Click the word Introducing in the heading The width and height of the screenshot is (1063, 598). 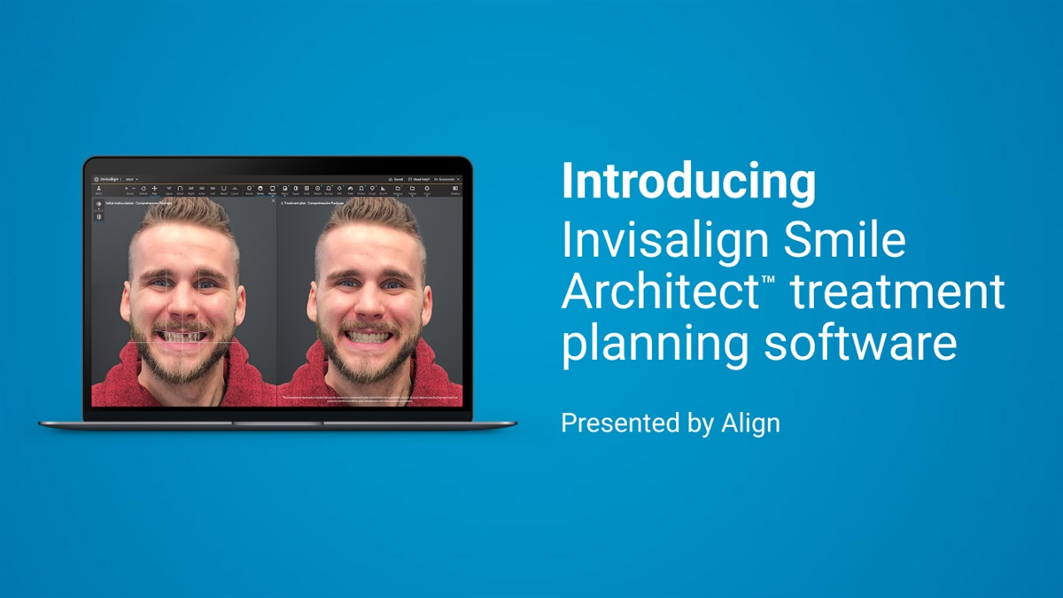tap(688, 183)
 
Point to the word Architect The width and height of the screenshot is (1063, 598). tap(653, 292)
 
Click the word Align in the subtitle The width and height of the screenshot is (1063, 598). tap(749, 423)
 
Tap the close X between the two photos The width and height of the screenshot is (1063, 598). tap(273, 201)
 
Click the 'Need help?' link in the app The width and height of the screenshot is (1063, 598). tap(418, 179)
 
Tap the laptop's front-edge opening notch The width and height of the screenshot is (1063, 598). tap(277, 423)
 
